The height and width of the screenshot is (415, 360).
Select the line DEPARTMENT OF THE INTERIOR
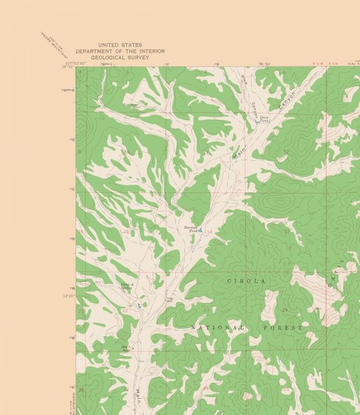120,51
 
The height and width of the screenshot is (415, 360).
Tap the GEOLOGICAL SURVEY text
120,57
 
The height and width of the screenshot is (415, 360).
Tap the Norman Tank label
191,229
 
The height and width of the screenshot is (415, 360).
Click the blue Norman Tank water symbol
200,230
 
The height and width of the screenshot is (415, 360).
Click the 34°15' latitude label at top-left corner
66,66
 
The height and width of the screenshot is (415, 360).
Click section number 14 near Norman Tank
210,231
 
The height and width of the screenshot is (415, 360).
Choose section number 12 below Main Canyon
285,152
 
